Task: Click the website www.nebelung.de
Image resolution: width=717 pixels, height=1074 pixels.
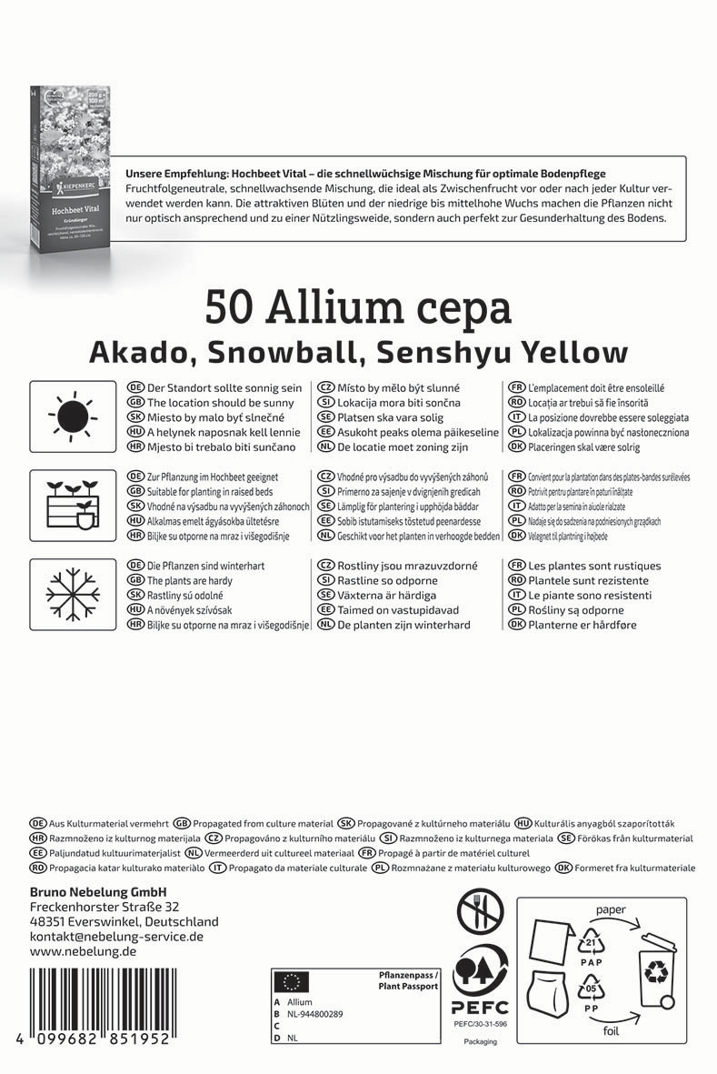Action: [83, 951]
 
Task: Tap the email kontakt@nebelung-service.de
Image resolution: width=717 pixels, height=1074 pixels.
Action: [116, 936]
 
